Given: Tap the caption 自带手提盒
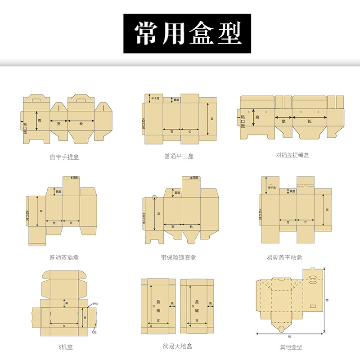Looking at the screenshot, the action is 64,157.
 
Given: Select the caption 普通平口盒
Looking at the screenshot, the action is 179,157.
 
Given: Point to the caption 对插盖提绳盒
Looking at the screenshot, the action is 292,155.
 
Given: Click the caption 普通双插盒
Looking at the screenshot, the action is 64,257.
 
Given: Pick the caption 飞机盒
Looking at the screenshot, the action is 64,346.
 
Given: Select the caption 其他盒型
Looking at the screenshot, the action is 291,347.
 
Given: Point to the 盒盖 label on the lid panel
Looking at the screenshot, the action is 158,307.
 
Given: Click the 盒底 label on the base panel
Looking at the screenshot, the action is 197,307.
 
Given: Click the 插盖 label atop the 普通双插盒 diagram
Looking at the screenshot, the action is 75,178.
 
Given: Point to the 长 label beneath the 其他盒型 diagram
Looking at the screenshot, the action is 290,337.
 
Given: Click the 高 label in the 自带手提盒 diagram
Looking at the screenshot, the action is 40,121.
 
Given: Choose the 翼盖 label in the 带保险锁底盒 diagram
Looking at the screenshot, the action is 177,193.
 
